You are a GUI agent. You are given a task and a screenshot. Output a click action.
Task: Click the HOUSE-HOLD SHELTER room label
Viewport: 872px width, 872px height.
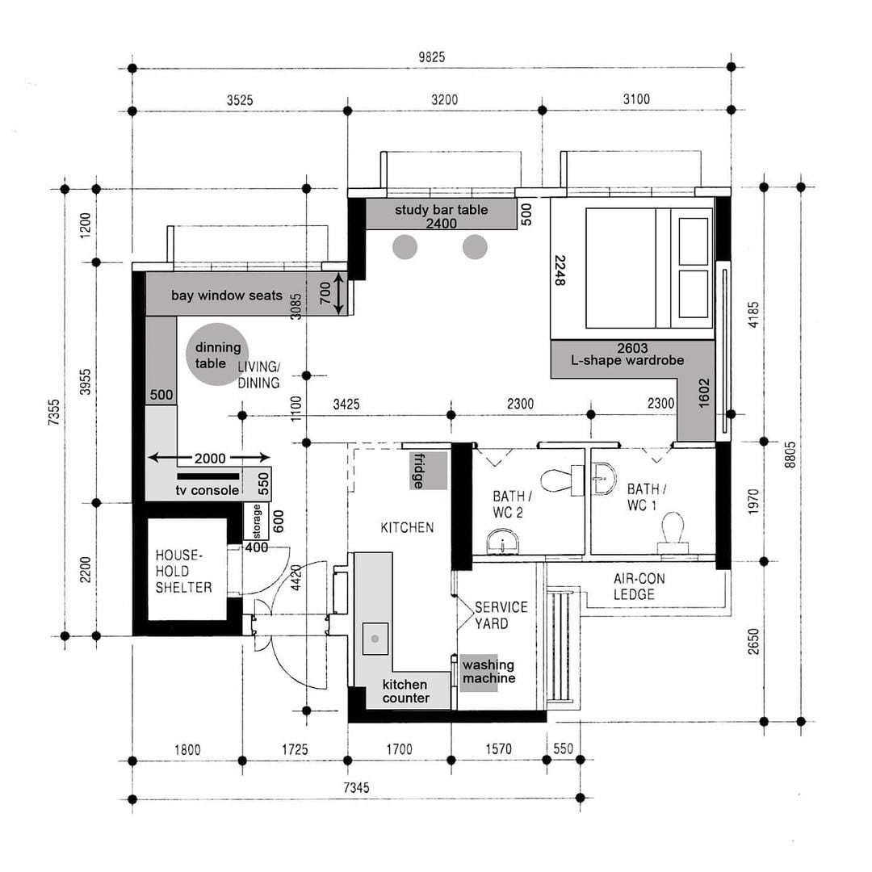coord(184,572)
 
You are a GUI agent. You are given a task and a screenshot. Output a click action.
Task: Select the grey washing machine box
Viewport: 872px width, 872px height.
coord(488,672)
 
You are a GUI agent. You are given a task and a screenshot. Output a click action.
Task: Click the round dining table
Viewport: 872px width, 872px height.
coord(216,353)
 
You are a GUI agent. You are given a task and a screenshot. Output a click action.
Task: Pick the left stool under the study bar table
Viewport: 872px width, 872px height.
coord(405,247)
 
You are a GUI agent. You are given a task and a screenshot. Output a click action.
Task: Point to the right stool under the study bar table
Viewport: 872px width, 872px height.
coord(475,247)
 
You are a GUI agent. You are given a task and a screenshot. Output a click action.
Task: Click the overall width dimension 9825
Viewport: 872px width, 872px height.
coord(431,57)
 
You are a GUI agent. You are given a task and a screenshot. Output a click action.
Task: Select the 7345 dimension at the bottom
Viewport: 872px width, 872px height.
coord(356,787)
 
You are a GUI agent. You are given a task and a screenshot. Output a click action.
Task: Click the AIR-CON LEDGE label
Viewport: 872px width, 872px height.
coord(639,587)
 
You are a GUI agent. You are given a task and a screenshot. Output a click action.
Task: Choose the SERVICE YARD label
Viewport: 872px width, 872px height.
coord(501,615)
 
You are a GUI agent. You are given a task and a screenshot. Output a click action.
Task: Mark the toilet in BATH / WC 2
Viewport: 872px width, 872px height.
coord(557,481)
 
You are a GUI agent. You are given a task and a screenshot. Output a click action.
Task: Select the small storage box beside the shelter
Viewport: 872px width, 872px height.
coord(257,522)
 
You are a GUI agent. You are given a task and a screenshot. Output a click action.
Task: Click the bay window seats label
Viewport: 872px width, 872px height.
coord(227,296)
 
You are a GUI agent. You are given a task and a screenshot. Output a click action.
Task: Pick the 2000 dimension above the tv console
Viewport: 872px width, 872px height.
coord(210,459)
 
